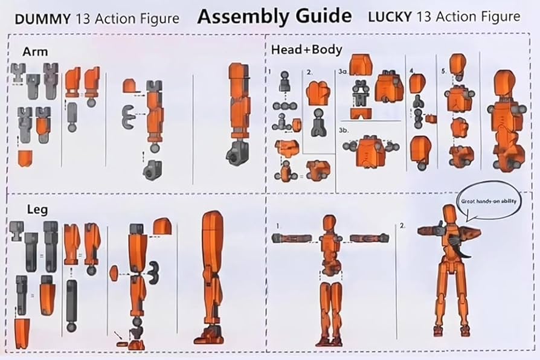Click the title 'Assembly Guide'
[x=274, y=16]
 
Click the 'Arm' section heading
[x=36, y=51]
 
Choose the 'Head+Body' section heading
[x=307, y=50]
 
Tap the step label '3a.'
[x=343, y=71]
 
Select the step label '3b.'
[x=344, y=130]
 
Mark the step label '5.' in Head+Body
[x=445, y=71]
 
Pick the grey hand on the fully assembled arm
[x=235, y=155]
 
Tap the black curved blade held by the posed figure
[x=464, y=249]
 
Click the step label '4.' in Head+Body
[x=411, y=71]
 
